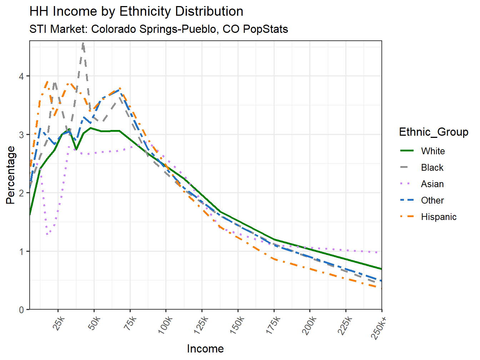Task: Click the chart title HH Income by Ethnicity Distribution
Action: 136,11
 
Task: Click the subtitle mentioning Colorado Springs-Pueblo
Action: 159,29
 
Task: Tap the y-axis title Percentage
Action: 11,175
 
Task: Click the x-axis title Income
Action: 205,349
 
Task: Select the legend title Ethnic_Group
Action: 434,132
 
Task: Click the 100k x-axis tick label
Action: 165,325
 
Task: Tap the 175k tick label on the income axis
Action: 273,325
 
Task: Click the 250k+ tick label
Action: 379,327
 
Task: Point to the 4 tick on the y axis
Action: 21,76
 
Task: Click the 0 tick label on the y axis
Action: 21,310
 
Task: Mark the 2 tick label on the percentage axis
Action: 21,193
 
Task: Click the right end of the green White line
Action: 381,269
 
